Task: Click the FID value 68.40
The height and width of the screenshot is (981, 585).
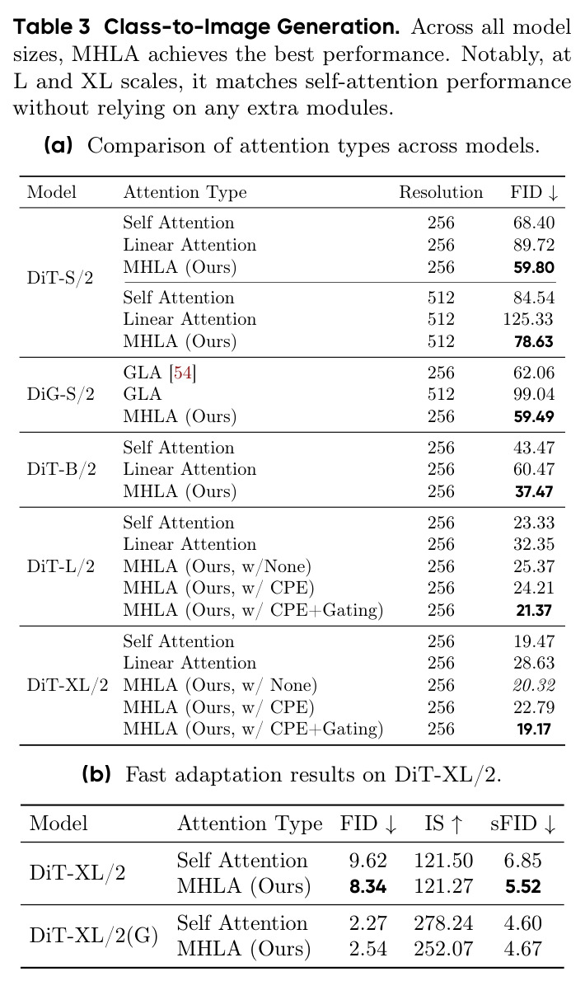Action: pyautogui.click(x=534, y=223)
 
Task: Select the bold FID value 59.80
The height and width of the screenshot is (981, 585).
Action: pyautogui.click(x=534, y=267)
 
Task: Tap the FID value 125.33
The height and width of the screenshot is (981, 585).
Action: pyautogui.click(x=528, y=319)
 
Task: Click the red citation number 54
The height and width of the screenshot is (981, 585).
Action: pyautogui.click(x=182, y=373)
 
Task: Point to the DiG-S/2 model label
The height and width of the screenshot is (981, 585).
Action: pyautogui.click(x=61, y=394)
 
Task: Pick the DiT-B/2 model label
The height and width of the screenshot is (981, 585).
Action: pyautogui.click(x=61, y=469)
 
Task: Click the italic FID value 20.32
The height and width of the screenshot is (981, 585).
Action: pyautogui.click(x=534, y=685)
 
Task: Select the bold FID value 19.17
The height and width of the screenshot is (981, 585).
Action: pyautogui.click(x=534, y=729)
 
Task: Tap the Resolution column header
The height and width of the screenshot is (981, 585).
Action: pyautogui.click(x=442, y=192)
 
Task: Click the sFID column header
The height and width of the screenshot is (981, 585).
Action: pyautogui.click(x=523, y=824)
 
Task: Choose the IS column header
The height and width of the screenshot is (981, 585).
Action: pyautogui.click(x=444, y=824)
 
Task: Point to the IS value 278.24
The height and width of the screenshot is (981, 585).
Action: pyautogui.click(x=444, y=922)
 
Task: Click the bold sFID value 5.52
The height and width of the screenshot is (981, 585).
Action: pyautogui.click(x=522, y=886)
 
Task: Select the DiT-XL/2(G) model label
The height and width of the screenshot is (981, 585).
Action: pyautogui.click(x=94, y=936)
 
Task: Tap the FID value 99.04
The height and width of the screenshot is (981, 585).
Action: pyautogui.click(x=534, y=394)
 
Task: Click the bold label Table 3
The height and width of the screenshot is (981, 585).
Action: pyautogui.click(x=53, y=27)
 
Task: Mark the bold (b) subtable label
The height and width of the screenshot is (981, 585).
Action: pyautogui.click(x=96, y=775)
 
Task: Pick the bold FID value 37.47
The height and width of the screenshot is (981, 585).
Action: pyautogui.click(x=534, y=492)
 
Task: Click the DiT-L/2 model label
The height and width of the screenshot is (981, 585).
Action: pyautogui.click(x=61, y=567)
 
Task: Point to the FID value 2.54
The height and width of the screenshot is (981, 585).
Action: pyautogui.click(x=368, y=949)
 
